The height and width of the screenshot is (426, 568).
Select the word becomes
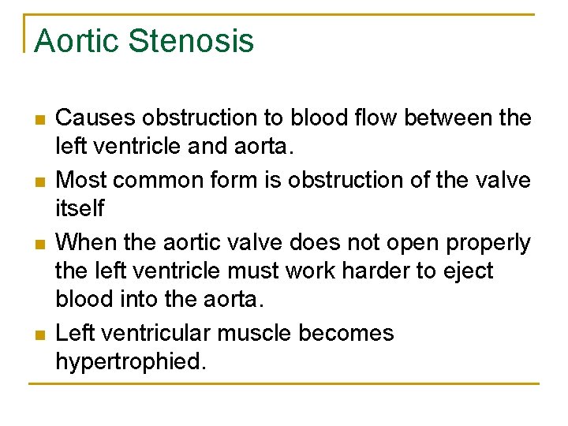[x=346, y=333]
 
